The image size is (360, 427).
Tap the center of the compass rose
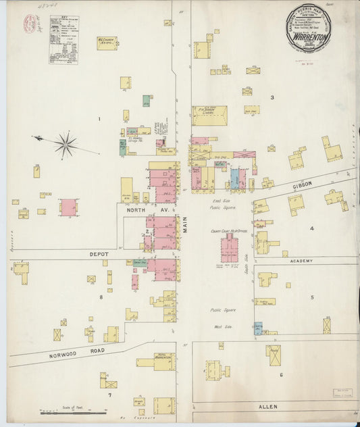(66, 143)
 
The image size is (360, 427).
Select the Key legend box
(63, 40)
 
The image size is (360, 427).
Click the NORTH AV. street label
(137, 211)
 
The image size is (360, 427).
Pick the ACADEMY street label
(302, 261)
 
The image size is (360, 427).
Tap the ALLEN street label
(268, 407)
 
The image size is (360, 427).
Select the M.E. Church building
(106, 43)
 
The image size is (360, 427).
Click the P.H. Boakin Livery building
(209, 116)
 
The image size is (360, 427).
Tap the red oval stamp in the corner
(30, 24)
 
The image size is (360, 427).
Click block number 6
(280, 374)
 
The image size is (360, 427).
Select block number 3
(272, 98)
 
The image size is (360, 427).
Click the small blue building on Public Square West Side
(258, 328)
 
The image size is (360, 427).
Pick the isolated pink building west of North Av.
(68, 207)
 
